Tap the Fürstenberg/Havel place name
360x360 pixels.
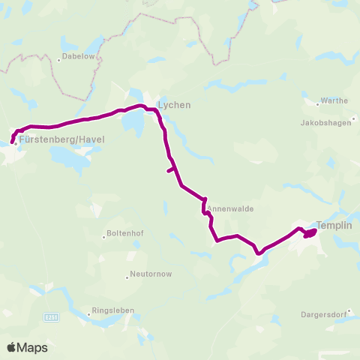(62, 139)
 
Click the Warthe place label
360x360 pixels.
(334, 100)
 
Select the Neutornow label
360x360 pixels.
(152, 274)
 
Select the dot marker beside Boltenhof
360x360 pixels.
(104, 236)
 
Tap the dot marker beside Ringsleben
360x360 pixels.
(88, 314)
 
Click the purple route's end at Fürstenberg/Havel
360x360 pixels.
(13, 142)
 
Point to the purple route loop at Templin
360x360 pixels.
(309, 234)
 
